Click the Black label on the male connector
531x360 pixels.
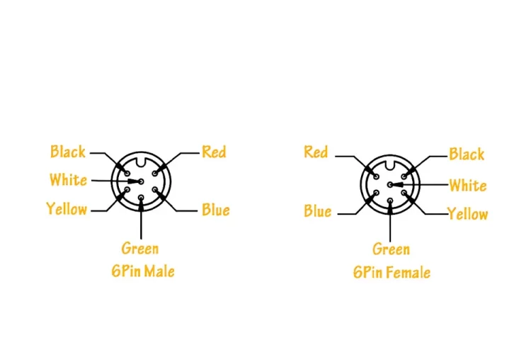(68, 152)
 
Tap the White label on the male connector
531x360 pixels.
(68, 180)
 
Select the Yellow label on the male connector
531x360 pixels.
(67, 209)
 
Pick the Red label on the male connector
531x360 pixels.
(214, 152)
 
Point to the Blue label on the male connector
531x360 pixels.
(216, 210)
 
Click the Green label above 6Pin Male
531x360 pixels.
(140, 249)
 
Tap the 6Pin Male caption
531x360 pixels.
(143, 271)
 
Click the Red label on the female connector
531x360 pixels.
(316, 152)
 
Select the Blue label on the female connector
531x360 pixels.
(318, 211)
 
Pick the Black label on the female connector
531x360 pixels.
(467, 154)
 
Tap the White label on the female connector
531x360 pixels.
(468, 186)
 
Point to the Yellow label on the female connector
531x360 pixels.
(468, 214)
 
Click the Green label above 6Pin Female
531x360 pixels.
(391, 249)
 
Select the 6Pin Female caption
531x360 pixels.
(392, 272)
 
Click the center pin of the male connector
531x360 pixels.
(141, 181)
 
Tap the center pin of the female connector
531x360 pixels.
(390, 185)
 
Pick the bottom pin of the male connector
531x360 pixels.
(141, 198)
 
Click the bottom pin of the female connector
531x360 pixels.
(390, 201)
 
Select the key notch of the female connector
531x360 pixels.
(390, 165)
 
